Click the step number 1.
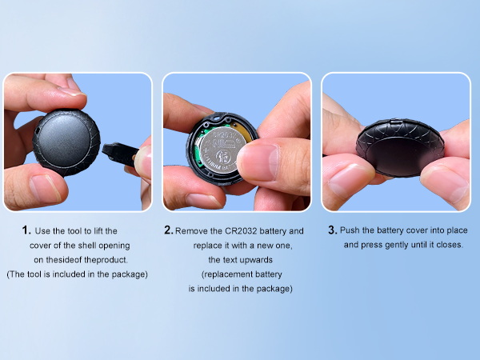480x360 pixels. pyautogui.click(x=26, y=230)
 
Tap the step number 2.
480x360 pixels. pyautogui.click(x=169, y=230)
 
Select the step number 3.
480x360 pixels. pyautogui.click(x=333, y=230)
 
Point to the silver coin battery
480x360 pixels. pyautogui.click(x=218, y=151)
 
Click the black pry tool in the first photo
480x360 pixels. pyautogui.click(x=120, y=153)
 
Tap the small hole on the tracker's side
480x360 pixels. pyautogui.click(x=38, y=130)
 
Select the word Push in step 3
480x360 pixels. pyautogui.click(x=350, y=230)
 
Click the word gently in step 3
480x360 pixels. pyautogui.click(x=395, y=246)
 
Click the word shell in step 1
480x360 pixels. pyautogui.click(x=87, y=246)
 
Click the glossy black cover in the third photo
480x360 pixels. pyautogui.click(x=400, y=148)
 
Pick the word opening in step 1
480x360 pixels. pyautogui.click(x=114, y=246)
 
